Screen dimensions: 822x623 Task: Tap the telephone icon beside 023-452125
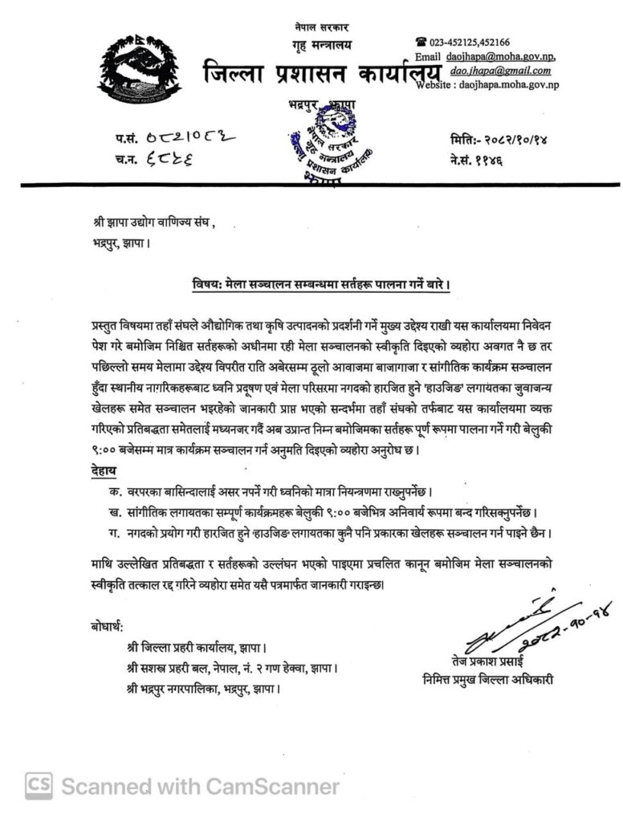pos(420,41)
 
